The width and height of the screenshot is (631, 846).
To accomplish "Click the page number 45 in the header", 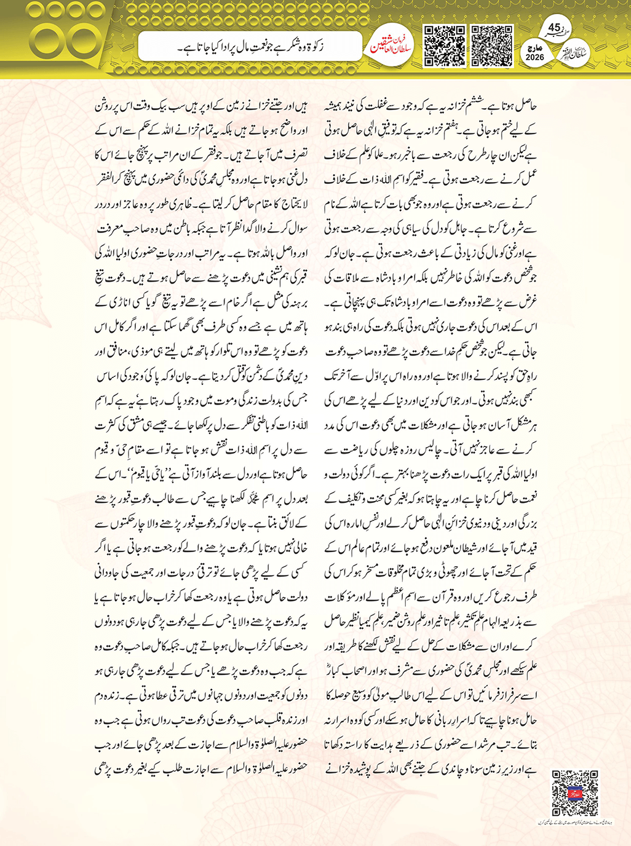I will coord(554,28).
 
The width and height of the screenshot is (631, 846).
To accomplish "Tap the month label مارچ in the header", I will coord(535,47).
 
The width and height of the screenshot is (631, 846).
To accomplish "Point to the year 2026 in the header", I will coord(535,57).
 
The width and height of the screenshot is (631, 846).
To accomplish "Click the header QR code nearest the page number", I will coord(491,46).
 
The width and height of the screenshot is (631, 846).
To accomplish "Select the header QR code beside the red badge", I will coord(445,46).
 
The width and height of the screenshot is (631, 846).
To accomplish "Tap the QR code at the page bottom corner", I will coord(575,793).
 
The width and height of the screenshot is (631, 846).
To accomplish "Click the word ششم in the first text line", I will coord(475,106).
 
